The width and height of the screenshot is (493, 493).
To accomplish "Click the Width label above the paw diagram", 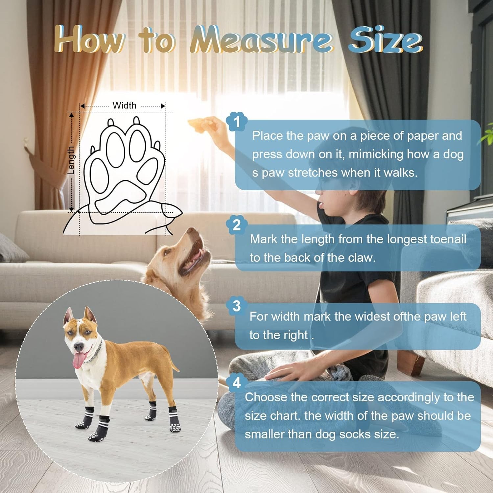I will [x=124, y=106].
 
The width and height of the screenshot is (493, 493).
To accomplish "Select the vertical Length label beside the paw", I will [x=71, y=160].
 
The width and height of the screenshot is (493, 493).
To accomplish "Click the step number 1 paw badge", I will [x=237, y=122].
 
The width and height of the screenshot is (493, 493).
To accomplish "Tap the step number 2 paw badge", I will [x=237, y=225].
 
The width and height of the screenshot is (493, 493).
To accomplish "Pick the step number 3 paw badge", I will [x=237, y=306].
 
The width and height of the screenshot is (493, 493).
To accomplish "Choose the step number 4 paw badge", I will [x=237, y=383].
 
